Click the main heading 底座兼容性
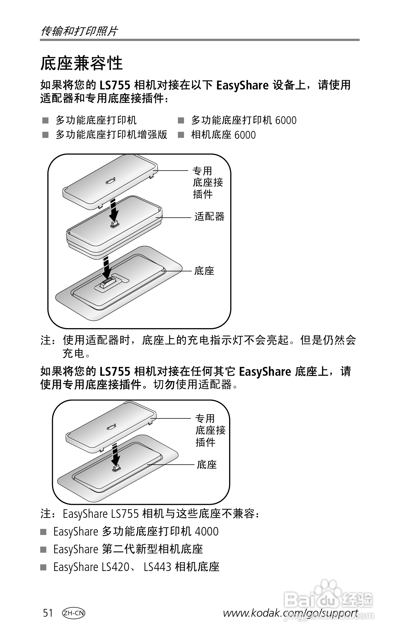81,63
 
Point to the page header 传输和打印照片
79,31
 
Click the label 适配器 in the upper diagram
209,217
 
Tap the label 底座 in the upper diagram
204,271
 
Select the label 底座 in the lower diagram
207,464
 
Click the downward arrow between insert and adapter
113,210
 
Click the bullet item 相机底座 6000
223,135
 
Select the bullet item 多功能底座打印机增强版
111,135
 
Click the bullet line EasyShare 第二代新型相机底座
128,549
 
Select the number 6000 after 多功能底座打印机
286,120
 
